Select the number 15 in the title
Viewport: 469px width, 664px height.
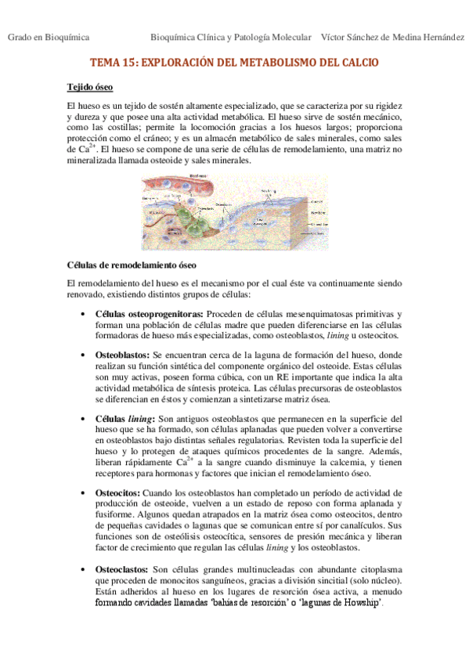[126, 62]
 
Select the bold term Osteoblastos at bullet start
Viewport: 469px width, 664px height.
[122, 355]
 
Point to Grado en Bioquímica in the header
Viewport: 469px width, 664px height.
[49, 38]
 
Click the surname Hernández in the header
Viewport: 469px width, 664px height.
[438, 38]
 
